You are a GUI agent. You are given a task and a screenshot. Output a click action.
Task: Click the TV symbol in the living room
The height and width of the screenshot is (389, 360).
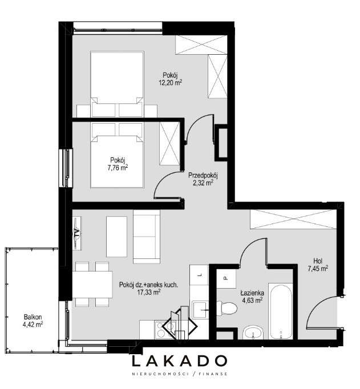(77, 233)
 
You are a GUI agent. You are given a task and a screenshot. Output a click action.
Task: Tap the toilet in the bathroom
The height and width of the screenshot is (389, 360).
(226, 308)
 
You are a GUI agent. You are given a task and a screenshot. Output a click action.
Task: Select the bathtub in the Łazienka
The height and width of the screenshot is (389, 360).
(281, 311)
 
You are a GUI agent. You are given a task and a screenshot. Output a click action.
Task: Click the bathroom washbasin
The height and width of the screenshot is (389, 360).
(253, 333)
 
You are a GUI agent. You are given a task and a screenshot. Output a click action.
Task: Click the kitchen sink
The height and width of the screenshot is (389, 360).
(201, 309)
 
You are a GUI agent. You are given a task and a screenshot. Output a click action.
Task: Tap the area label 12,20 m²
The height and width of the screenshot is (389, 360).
(171, 82)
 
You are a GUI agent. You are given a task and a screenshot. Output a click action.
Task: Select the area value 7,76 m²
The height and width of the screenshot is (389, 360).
(118, 168)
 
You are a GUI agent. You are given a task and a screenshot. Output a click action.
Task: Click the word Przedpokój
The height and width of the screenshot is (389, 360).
(203, 176)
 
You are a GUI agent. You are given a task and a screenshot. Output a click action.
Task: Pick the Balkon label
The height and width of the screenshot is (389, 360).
(33, 317)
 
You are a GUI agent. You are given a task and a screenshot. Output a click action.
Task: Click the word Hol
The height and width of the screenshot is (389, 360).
(318, 261)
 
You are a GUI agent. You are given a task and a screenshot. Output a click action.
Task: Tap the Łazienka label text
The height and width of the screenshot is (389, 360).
(252, 293)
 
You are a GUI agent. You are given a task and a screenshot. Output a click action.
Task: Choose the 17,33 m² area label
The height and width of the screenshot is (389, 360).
(149, 292)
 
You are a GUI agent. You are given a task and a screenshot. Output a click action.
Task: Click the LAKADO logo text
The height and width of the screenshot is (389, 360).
(180, 361)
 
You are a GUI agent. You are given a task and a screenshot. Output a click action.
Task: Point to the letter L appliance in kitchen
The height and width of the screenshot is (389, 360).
(200, 275)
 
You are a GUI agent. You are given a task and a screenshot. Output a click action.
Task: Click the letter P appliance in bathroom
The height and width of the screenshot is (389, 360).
(226, 278)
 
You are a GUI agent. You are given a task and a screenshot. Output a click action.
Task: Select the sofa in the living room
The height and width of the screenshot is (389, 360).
(147, 237)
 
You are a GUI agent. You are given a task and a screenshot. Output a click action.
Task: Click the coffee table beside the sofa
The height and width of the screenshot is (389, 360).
(116, 237)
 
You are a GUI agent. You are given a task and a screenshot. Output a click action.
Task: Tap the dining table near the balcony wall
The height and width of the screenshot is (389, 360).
(92, 284)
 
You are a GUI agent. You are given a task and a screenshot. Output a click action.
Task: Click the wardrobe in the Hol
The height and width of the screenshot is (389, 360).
(293, 220)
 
